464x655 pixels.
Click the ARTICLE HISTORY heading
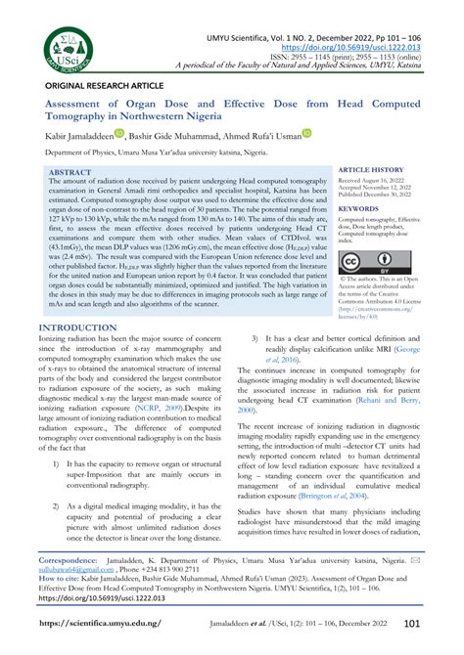(x=370, y=169)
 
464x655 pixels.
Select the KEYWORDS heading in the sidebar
(x=358, y=208)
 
